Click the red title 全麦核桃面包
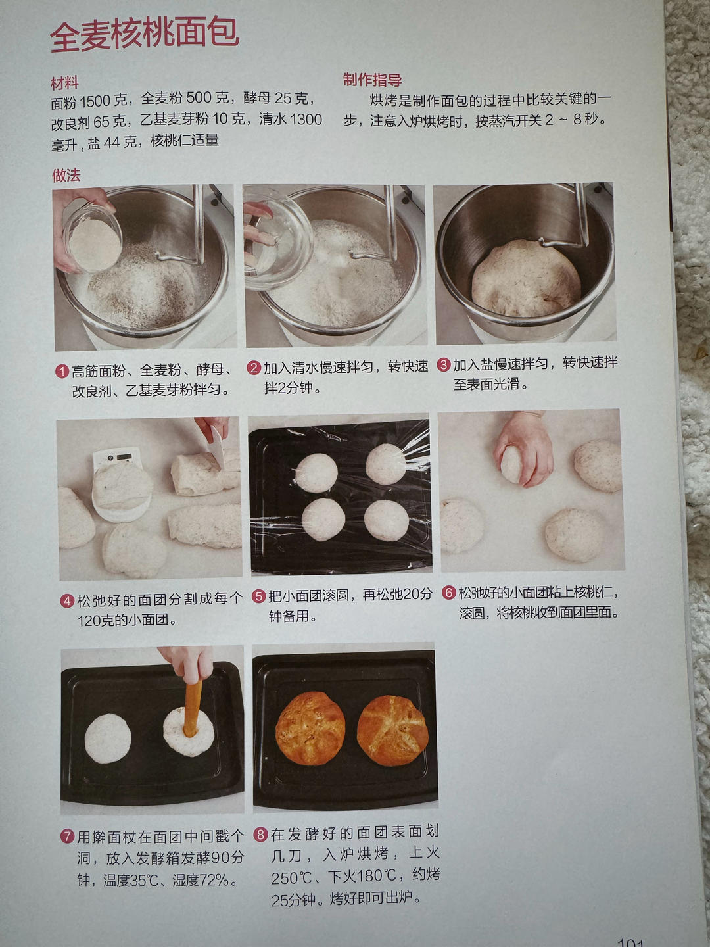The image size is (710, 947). coord(145,36)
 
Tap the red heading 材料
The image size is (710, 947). coord(64,83)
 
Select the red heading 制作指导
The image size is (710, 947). coord(373,80)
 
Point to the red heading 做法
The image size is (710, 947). coord(66,175)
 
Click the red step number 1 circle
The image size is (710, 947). coord(62,372)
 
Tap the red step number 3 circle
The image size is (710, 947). coord(444,364)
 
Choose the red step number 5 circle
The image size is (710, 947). coord(258,596)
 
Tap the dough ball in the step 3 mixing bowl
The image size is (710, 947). coord(526,278)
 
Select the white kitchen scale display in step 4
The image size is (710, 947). coord(117,458)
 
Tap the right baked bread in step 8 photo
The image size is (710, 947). coord(392,731)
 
